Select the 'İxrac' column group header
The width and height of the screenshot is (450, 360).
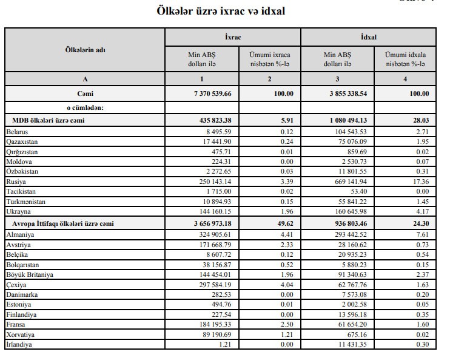tap(233, 37)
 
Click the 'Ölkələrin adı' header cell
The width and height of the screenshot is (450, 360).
tap(85, 50)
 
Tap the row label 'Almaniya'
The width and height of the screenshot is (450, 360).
tap(20, 234)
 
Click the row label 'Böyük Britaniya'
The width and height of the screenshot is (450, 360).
tap(30, 274)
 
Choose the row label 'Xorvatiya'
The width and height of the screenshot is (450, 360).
tap(21, 335)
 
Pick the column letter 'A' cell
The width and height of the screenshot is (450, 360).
tap(85, 79)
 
